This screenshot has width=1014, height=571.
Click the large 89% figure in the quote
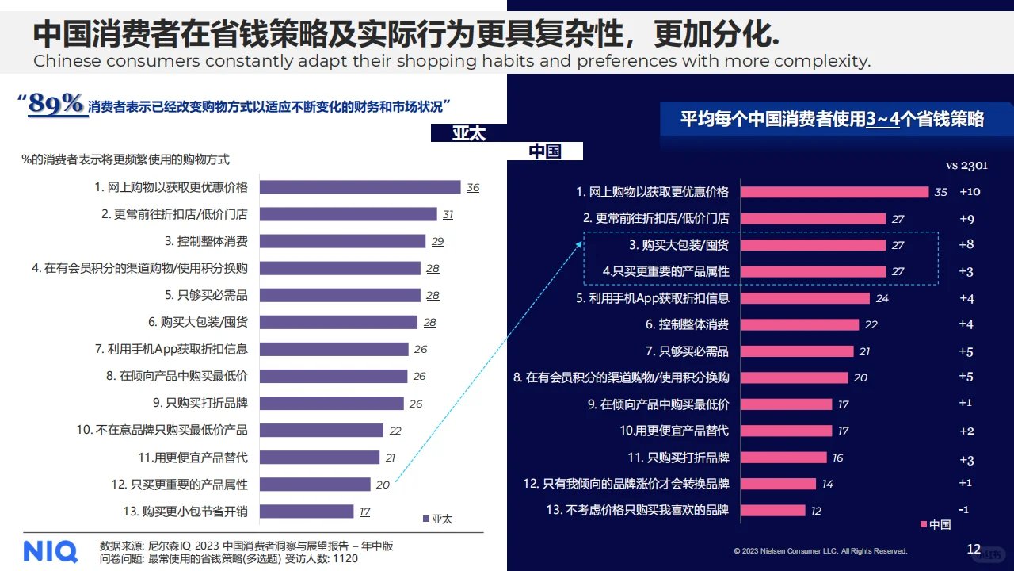[56, 105]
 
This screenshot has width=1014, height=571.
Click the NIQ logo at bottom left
[50, 550]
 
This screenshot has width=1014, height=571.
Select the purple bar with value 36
[360, 187]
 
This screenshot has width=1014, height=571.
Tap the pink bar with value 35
[834, 192]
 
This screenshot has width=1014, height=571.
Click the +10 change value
[970, 192]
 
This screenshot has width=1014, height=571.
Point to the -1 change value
[964, 509]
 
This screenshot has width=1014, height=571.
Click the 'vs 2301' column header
[966, 165]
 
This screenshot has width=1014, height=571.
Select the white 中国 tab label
[545, 151]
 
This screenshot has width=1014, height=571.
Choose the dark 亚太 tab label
[469, 133]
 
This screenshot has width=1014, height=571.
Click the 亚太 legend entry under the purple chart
[437, 519]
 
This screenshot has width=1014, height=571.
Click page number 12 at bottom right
[974, 549]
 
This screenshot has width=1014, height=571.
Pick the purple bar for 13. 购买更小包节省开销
[307, 512]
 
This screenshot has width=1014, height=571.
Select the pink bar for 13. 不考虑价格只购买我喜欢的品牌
[773, 510]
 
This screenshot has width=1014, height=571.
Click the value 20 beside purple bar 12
[383, 485]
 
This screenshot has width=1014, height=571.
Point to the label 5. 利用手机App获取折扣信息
[652, 298]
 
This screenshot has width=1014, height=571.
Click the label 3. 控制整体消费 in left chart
[206, 241]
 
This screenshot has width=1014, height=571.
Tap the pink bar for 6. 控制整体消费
[799, 324]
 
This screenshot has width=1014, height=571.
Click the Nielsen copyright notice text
[820, 551]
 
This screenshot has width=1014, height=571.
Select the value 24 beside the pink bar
[882, 299]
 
